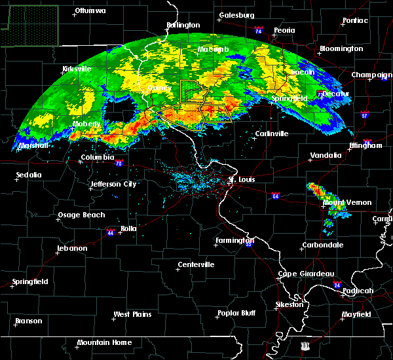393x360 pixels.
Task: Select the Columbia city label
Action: point(98,158)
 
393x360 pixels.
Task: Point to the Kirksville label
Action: point(75,69)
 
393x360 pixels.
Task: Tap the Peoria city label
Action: point(284,30)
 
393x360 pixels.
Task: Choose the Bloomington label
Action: point(341,49)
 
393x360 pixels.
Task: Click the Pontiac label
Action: point(355,20)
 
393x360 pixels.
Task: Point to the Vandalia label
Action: point(326,156)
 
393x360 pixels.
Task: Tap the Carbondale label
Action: point(322,245)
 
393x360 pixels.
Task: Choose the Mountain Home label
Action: point(104,343)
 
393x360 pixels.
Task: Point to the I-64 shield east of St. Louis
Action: point(276,195)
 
